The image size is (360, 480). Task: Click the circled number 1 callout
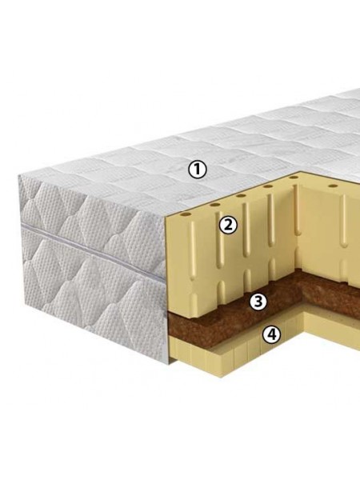[198, 170]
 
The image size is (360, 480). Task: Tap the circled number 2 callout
[228, 225]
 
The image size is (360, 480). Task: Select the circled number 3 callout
[258, 302]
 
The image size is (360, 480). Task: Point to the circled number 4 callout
[271, 334]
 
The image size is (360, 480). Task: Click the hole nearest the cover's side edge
[186, 214]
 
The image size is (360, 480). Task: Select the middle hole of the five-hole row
[241, 196]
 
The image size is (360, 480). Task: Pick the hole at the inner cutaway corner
[294, 178]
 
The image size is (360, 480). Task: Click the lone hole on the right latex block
[333, 186]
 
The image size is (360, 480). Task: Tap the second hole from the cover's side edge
[215, 205]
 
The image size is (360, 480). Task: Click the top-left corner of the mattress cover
[19, 175]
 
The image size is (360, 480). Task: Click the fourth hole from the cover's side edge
[268, 186]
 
